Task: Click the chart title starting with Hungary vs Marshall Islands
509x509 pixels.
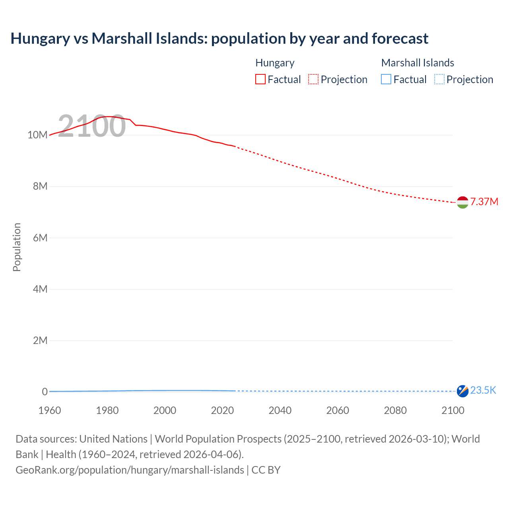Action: tap(219, 39)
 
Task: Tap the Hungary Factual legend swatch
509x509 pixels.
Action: tap(260, 80)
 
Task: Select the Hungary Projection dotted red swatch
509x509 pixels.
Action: tap(313, 80)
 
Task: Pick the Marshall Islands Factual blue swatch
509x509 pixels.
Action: tap(386, 80)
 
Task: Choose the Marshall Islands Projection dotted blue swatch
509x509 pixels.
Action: tap(439, 80)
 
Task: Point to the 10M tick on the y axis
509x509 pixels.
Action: tap(37, 135)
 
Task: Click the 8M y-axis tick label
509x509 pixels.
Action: tap(40, 186)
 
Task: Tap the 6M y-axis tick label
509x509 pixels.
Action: tap(40, 238)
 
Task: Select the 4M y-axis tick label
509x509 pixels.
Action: tap(40, 289)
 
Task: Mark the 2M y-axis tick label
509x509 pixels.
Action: tap(40, 340)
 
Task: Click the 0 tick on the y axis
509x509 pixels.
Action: tap(45, 392)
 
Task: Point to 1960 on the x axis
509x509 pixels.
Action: tap(50, 410)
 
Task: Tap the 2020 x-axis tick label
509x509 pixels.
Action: tap(222, 410)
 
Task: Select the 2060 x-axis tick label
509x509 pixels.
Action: tap(338, 410)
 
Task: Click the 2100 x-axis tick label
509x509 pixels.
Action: tap(453, 410)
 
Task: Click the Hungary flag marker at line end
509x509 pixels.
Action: tap(462, 202)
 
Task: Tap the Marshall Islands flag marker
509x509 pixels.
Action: tap(462, 391)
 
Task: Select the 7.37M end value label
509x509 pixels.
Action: tap(484, 202)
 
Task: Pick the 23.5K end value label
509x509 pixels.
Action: tap(483, 390)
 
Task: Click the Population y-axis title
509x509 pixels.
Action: tap(17, 247)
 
